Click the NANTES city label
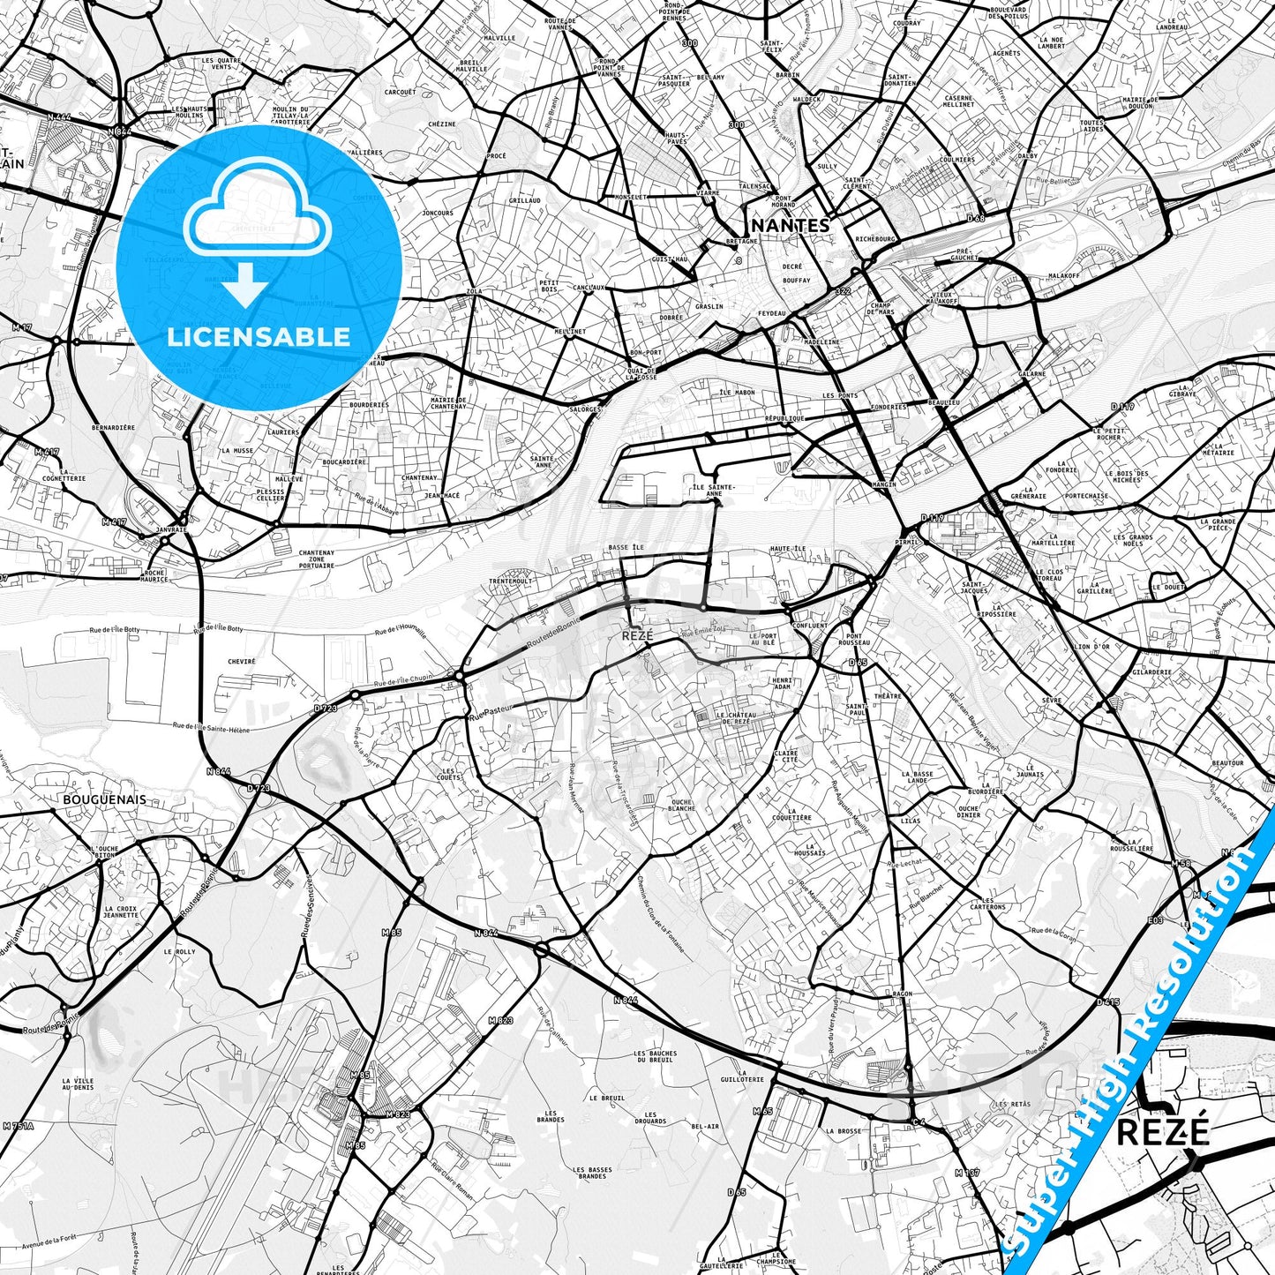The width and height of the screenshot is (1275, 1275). [791, 225]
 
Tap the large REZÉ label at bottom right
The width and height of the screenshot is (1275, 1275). [1162, 1132]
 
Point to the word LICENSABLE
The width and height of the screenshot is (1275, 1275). [259, 336]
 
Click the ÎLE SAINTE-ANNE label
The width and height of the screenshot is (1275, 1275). [714, 490]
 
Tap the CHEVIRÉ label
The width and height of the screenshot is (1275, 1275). [241, 661]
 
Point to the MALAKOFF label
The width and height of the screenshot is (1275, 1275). [1064, 275]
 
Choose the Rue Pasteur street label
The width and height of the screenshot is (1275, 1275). [491, 712]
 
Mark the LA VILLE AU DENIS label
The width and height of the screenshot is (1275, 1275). [79, 1084]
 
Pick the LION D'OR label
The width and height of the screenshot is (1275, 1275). [1091, 647]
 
